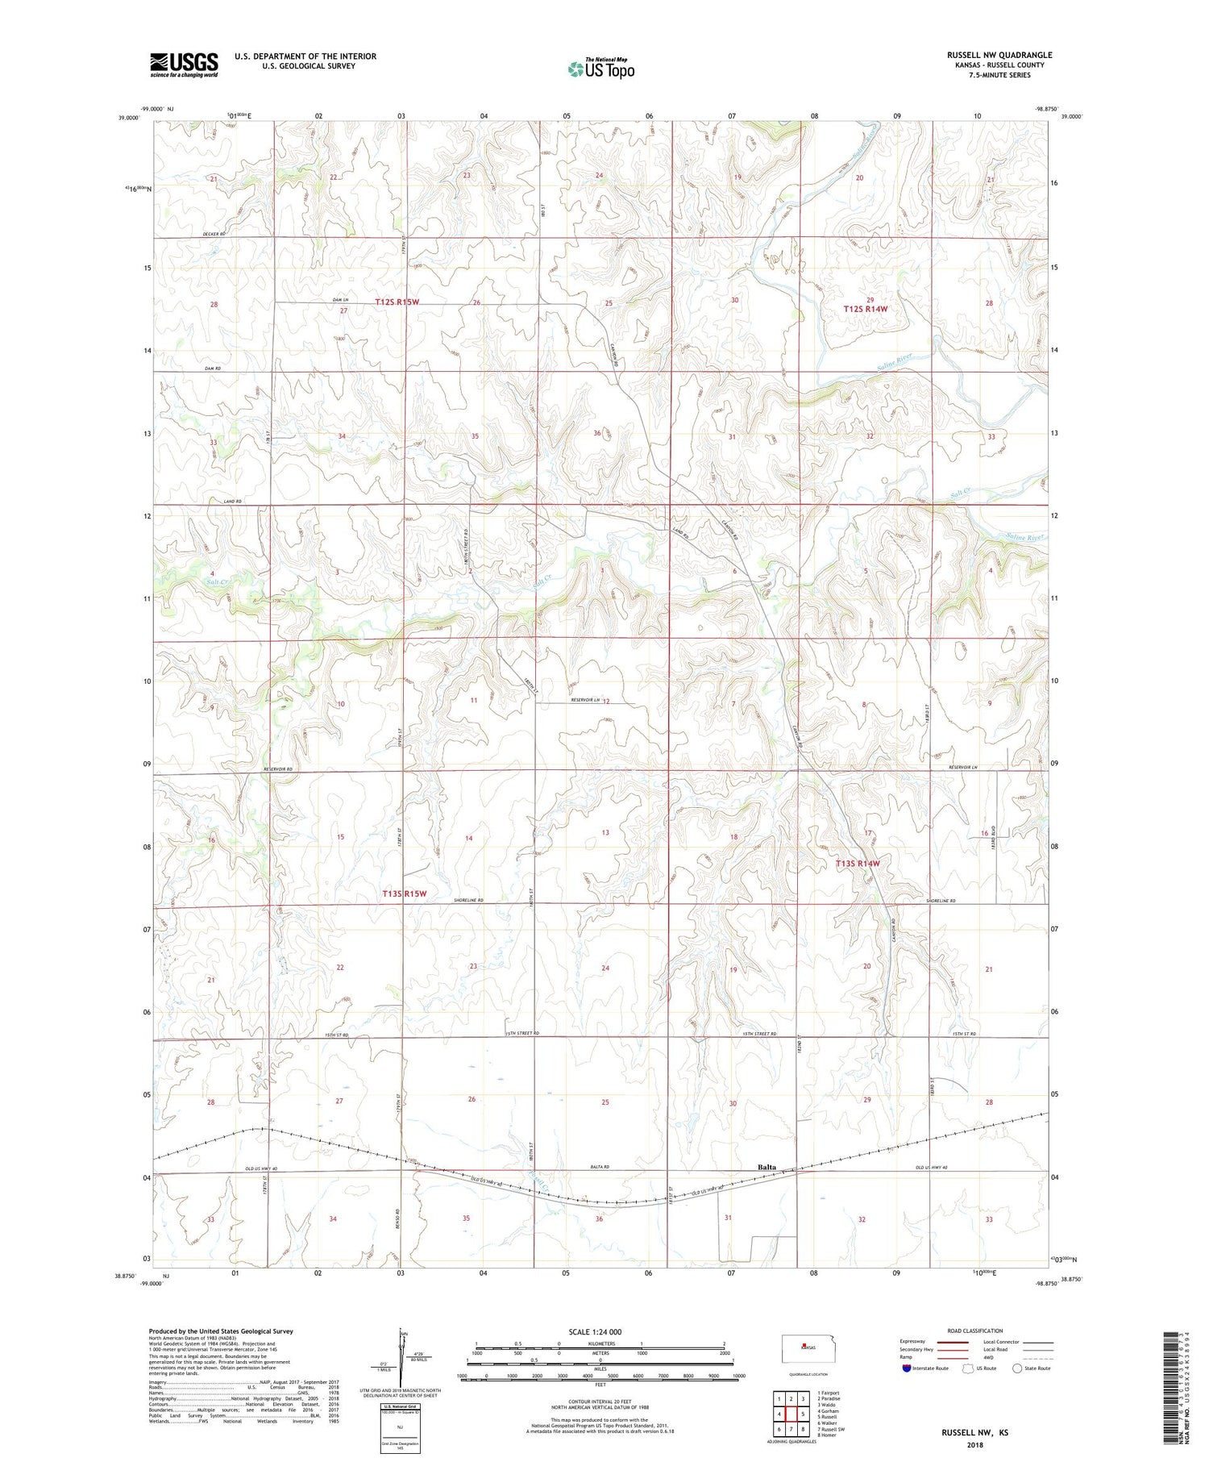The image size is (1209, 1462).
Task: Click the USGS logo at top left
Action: point(184,65)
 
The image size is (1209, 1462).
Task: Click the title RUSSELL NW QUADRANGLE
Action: point(999,55)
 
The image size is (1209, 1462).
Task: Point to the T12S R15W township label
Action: point(397,302)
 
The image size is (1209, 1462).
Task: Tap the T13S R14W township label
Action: point(857,864)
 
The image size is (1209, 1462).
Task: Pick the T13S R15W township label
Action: point(403,893)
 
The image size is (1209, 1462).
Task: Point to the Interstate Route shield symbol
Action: point(907,1368)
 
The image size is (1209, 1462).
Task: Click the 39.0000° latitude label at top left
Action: point(129,118)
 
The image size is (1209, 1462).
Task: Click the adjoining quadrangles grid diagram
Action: point(792,1408)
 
